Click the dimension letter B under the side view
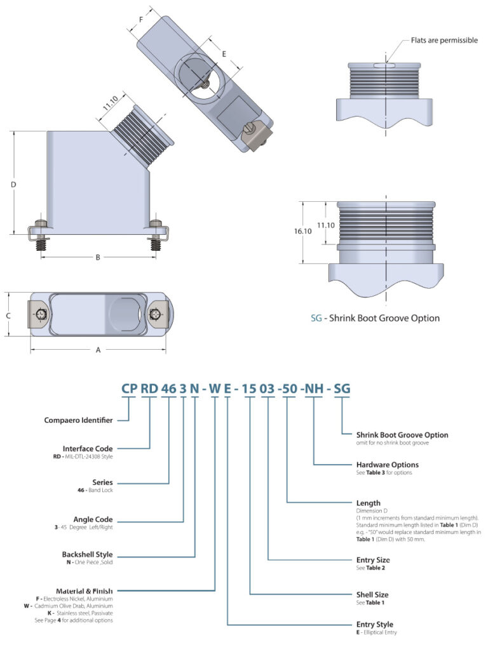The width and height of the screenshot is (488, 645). coord(98,257)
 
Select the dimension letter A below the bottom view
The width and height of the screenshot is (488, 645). coord(98,349)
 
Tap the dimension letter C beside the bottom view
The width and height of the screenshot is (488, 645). coord(8,315)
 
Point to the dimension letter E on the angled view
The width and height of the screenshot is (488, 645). coord(223,55)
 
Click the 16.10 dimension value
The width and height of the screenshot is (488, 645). coord(303,232)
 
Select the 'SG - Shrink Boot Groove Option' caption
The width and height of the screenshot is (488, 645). coord(375,318)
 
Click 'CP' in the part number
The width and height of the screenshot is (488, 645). coord(129,389)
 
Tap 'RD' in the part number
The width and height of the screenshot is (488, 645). coord(149,389)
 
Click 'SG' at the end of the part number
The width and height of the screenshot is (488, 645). coord(342,389)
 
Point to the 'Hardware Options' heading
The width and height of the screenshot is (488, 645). coord(388,465)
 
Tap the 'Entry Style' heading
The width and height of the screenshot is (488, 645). coord(376,624)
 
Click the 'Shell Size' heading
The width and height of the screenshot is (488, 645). coord(374,594)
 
